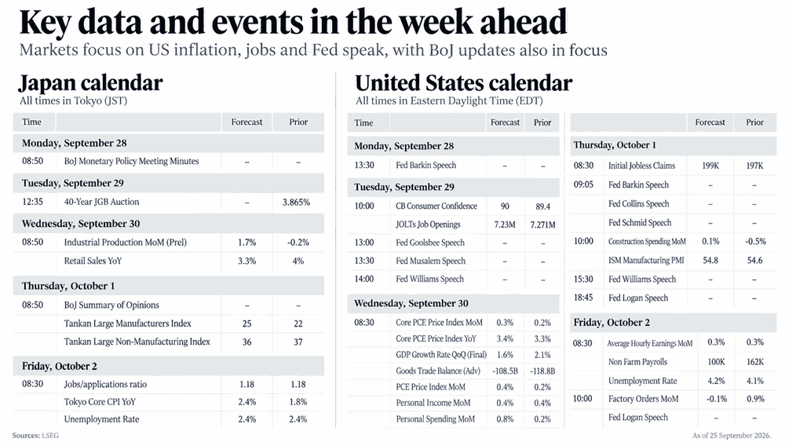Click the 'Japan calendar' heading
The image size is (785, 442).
[x=90, y=83]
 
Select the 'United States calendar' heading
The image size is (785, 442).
[x=464, y=83]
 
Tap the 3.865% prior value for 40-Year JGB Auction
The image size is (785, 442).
[x=297, y=203]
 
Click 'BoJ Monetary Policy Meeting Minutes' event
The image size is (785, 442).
[x=131, y=161]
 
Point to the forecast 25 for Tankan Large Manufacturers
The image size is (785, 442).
[x=246, y=324]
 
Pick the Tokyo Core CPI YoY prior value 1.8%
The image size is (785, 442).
[x=298, y=402]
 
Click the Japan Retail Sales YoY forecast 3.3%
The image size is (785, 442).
[x=246, y=261]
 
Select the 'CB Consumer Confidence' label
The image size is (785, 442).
[x=436, y=206]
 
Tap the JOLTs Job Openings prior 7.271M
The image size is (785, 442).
[x=542, y=225]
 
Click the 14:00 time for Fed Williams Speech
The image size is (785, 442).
[x=364, y=279]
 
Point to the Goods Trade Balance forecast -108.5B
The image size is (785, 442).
[x=505, y=371]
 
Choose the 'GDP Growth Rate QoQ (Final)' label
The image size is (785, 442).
[x=441, y=355]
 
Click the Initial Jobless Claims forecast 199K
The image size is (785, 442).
[x=710, y=166]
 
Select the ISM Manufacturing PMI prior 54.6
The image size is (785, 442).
[x=754, y=261]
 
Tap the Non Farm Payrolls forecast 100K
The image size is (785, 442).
[x=717, y=362]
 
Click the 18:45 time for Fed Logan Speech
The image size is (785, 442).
[x=583, y=298]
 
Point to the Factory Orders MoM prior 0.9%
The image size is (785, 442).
[x=755, y=399]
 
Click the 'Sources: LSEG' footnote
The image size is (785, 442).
[x=35, y=436]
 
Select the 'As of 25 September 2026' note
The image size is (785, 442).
[x=732, y=436]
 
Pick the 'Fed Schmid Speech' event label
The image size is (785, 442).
[x=640, y=223]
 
